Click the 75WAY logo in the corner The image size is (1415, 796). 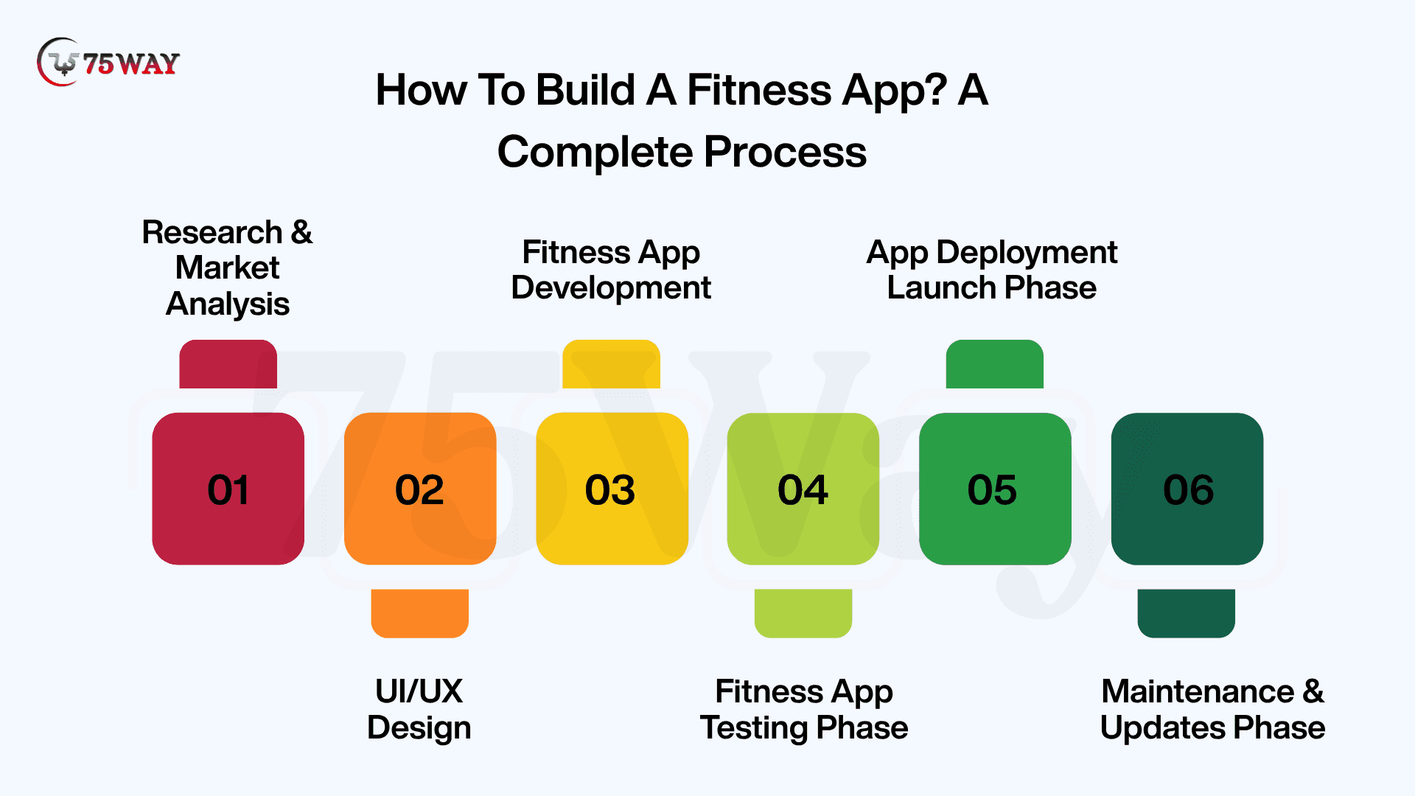click(108, 63)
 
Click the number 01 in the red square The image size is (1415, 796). click(228, 490)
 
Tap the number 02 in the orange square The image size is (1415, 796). click(419, 490)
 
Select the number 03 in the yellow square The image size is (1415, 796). click(610, 490)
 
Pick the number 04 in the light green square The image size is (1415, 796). click(803, 490)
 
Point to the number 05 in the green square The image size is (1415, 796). click(992, 490)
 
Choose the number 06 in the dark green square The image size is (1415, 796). click(1188, 490)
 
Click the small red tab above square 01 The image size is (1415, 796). click(228, 364)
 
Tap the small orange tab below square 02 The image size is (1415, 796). click(420, 613)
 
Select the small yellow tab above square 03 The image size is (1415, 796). click(612, 364)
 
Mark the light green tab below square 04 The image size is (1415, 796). click(803, 613)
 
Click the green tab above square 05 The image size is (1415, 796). click(995, 364)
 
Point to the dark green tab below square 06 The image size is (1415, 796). click(1187, 613)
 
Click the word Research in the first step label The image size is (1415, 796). click(212, 232)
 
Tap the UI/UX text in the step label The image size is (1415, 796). click(419, 691)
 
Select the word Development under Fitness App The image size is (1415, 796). click(611, 288)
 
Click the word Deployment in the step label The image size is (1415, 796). click(1027, 253)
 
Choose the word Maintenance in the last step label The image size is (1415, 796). click(1198, 691)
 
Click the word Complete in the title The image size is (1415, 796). click(595, 153)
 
